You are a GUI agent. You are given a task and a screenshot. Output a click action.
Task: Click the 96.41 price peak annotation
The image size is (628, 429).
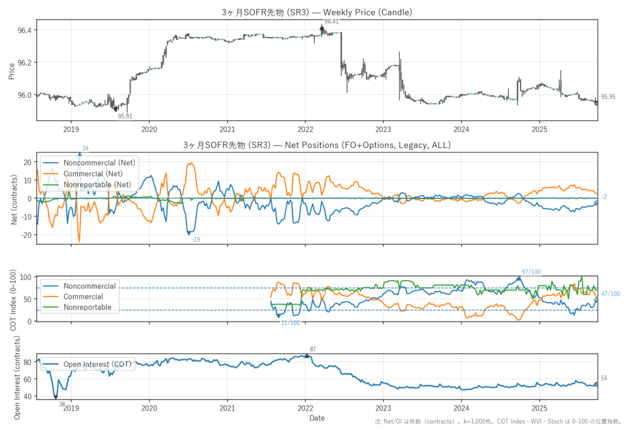click(x=331, y=21)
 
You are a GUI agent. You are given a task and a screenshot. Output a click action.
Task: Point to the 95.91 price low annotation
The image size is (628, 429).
click(x=125, y=116)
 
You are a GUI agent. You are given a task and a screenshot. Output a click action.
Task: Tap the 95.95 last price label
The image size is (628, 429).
click(x=608, y=96)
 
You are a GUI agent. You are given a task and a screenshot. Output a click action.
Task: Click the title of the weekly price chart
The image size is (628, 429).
click(x=316, y=12)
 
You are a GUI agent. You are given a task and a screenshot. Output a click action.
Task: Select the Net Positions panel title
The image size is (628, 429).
click(x=316, y=145)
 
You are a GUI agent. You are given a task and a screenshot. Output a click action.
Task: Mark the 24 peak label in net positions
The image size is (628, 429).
click(x=85, y=149)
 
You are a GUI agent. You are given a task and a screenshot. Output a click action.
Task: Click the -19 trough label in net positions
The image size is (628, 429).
click(x=196, y=239)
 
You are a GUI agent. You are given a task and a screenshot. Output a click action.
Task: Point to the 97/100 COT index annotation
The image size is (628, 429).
click(x=531, y=271)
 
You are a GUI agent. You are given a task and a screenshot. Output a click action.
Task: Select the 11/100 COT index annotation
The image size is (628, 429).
click(x=290, y=323)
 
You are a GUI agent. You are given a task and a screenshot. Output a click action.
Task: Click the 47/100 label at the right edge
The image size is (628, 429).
click(x=610, y=294)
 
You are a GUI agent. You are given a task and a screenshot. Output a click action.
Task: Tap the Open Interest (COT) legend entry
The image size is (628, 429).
click(x=97, y=365)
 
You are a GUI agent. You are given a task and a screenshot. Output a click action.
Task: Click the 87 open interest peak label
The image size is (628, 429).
click(x=313, y=349)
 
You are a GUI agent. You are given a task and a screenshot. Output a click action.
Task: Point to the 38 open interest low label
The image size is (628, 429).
click(x=62, y=404)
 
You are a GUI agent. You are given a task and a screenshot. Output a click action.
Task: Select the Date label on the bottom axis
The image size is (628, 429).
click(x=316, y=418)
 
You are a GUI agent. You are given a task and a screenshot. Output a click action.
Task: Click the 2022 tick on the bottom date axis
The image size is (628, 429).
click(x=305, y=408)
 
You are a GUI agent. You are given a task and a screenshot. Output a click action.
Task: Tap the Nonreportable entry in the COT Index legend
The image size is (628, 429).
click(x=88, y=307)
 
